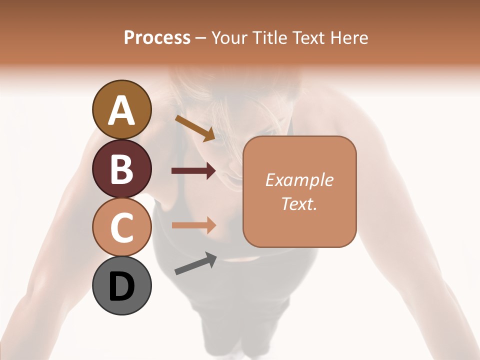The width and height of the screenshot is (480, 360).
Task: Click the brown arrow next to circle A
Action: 195,127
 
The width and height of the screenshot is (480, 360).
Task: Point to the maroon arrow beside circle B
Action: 193,171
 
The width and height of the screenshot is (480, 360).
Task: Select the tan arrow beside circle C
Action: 193,225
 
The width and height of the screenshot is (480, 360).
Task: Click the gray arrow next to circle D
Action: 195,263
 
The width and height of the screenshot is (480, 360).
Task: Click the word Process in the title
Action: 157,38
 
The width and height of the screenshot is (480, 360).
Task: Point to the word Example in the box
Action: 299,180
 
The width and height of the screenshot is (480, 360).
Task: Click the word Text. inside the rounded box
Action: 299,203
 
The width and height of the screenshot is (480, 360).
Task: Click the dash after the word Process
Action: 200,38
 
